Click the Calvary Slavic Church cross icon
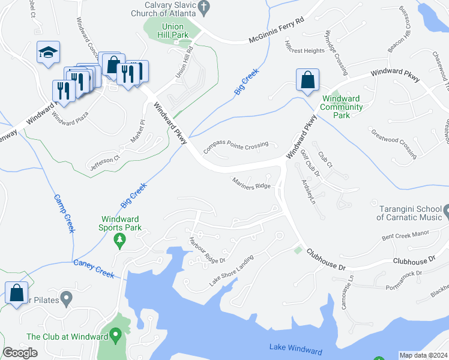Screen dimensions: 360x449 coord(203,7)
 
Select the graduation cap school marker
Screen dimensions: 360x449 coord(48,53)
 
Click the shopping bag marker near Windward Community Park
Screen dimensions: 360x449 coord(307,80)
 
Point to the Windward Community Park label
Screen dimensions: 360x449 coord(342,106)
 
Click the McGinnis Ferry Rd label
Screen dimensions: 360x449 coord(277,37)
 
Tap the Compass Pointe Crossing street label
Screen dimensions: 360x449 coord(235,146)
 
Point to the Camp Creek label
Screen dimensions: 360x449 coord(63,214)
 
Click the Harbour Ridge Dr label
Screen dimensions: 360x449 coord(206,251)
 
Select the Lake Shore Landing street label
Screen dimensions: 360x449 coord(231,271)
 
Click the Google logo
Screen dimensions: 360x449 coord(20,353)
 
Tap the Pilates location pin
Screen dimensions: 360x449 coord(67,297)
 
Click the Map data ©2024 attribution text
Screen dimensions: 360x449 coord(423,355)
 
